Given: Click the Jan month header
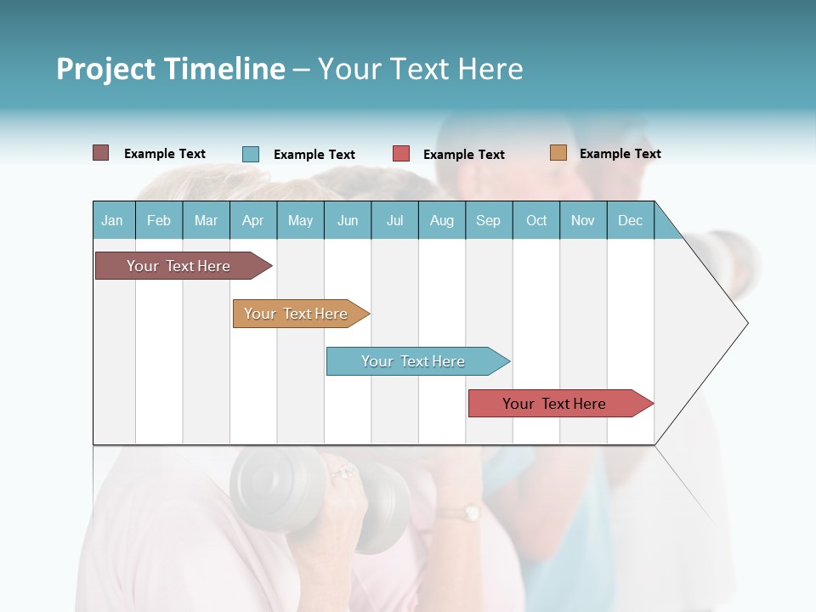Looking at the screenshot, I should pos(112,221).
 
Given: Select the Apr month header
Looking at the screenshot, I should pos(252,221).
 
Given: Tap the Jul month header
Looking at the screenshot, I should pos(394,221).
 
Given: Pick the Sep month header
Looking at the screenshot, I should pos(488,221).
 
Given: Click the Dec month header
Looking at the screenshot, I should pos(630,221).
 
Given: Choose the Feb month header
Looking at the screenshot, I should pos(159,221).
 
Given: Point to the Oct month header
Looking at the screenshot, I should pos(536,221).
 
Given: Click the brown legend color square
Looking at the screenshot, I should pos(100,153).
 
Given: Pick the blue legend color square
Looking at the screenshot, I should pos(251,154).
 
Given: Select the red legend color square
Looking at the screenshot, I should pos(401,154).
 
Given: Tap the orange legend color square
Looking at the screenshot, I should pos(558,153).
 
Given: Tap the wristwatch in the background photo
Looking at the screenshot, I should pos(467,513).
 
